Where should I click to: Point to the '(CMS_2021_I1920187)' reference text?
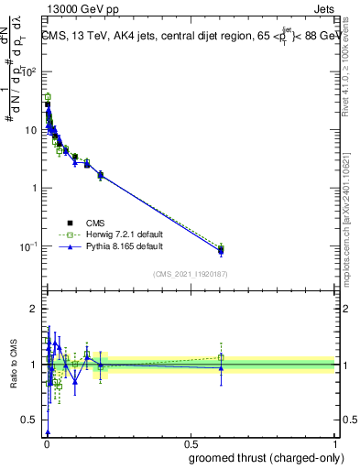191,273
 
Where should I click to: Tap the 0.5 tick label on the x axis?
191,443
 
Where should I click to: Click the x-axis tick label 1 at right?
335,443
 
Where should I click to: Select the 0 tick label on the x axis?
46,443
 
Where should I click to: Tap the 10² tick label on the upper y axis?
30,71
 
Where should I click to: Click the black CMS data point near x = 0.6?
220,250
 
